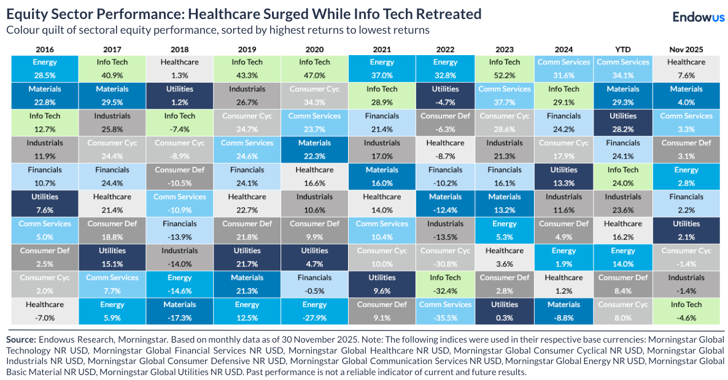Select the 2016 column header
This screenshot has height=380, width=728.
point(44,48)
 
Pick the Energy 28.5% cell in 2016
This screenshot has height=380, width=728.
point(44,68)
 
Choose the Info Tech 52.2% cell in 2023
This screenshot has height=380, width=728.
point(505,68)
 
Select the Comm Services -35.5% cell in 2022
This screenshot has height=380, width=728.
point(445,311)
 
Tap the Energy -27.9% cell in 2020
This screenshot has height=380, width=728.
point(314,311)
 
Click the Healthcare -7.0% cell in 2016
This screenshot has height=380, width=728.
point(44,311)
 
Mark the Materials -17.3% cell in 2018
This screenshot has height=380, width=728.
point(179,311)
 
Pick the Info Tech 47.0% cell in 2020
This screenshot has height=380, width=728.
point(314,68)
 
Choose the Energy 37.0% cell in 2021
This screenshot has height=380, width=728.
point(382,68)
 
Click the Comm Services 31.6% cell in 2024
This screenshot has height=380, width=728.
point(563,68)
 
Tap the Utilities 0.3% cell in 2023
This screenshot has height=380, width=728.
point(505,311)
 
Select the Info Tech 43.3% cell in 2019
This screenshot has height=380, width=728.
point(247,68)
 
